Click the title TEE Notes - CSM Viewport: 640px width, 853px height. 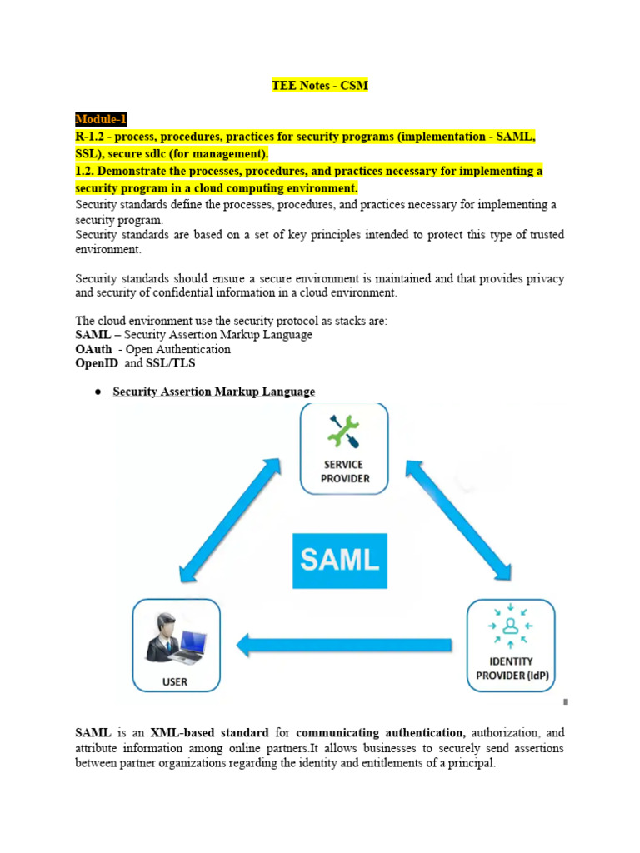320,86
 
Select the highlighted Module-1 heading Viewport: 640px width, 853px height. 101,119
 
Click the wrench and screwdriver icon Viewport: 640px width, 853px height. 343,432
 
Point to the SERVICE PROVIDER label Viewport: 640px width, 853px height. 344,471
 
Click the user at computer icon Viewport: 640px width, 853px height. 176,637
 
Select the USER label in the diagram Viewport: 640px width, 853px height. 175,681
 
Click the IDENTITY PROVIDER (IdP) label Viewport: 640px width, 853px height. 511,669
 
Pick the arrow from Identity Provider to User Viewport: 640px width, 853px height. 343,643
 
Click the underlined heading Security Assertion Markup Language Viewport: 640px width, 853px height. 214,392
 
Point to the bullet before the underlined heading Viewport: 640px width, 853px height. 97,392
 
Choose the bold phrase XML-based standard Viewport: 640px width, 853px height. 210,733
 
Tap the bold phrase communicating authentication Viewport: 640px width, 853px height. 381,733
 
